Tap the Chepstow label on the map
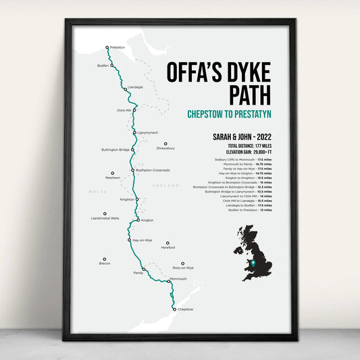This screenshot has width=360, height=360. tap(185, 309)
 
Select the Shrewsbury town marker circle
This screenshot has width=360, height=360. tap(165, 143)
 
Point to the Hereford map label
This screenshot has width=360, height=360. tap(168, 247)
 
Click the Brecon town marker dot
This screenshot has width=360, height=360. tap(105, 259)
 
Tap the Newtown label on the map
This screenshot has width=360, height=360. tap(113, 178)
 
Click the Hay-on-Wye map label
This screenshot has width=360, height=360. tap(142, 240)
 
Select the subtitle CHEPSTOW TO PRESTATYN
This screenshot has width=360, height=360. tap(229, 115)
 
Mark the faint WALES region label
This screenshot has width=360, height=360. tap(93, 192)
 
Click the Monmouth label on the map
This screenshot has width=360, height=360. tap(178, 279)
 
